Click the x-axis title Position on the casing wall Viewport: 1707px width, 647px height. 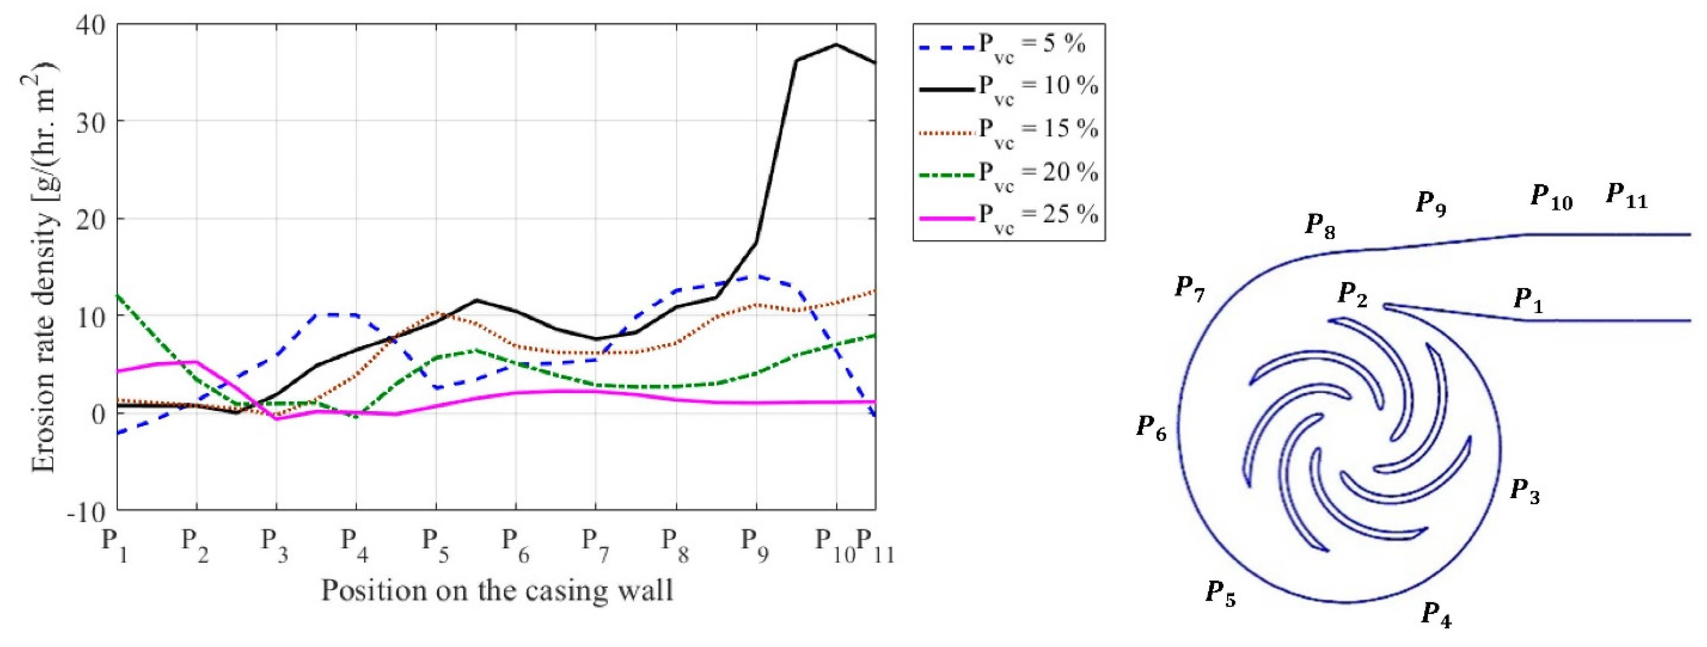(x=497, y=589)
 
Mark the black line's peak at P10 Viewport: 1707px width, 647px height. (x=836, y=44)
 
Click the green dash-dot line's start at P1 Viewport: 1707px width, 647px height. (x=118, y=295)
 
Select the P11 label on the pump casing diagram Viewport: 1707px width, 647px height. (x=1626, y=197)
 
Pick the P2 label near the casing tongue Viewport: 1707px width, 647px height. (x=1352, y=294)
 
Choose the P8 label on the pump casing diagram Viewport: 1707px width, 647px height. (x=1319, y=226)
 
